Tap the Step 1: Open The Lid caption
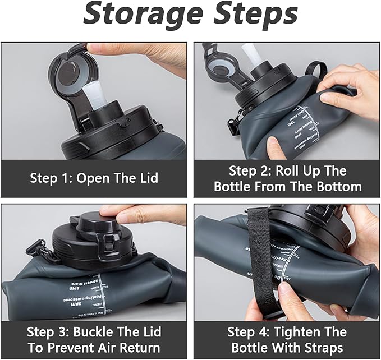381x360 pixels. (x=94, y=178)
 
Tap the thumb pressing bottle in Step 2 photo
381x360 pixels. (x=276, y=150)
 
